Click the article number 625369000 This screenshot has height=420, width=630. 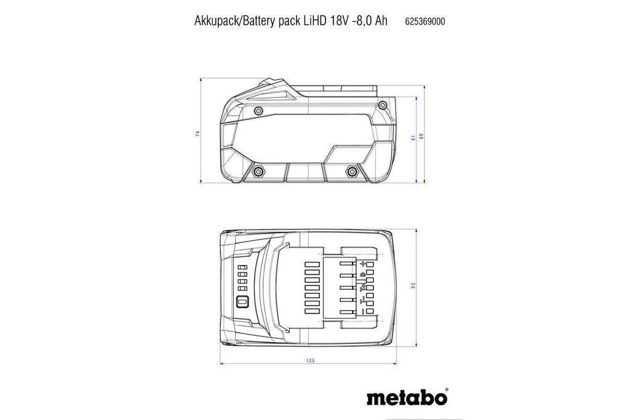pyautogui.click(x=425, y=22)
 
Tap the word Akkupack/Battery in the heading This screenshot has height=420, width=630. pyautogui.click(x=235, y=22)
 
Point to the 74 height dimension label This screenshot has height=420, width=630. pyautogui.click(x=197, y=133)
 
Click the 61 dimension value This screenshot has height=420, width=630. pyautogui.click(x=413, y=137)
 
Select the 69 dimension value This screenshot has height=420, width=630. pyautogui.click(x=421, y=136)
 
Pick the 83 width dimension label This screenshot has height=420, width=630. pyautogui.click(x=413, y=286)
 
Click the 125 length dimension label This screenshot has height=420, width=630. pyautogui.click(x=310, y=360)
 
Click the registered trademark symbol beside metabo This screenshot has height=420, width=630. pyautogui.click(x=447, y=390)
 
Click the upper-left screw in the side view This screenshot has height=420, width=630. pyautogui.click(x=259, y=109)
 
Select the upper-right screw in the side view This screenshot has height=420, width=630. pyautogui.click(x=383, y=105)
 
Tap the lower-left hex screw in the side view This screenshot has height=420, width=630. pyautogui.click(x=257, y=172)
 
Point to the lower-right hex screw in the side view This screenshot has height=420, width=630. pyautogui.click(x=352, y=172)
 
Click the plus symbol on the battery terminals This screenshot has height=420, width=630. pyautogui.click(x=363, y=264)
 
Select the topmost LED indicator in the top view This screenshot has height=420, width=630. pyautogui.click(x=242, y=267)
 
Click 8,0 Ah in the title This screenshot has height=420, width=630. pyautogui.click(x=370, y=21)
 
